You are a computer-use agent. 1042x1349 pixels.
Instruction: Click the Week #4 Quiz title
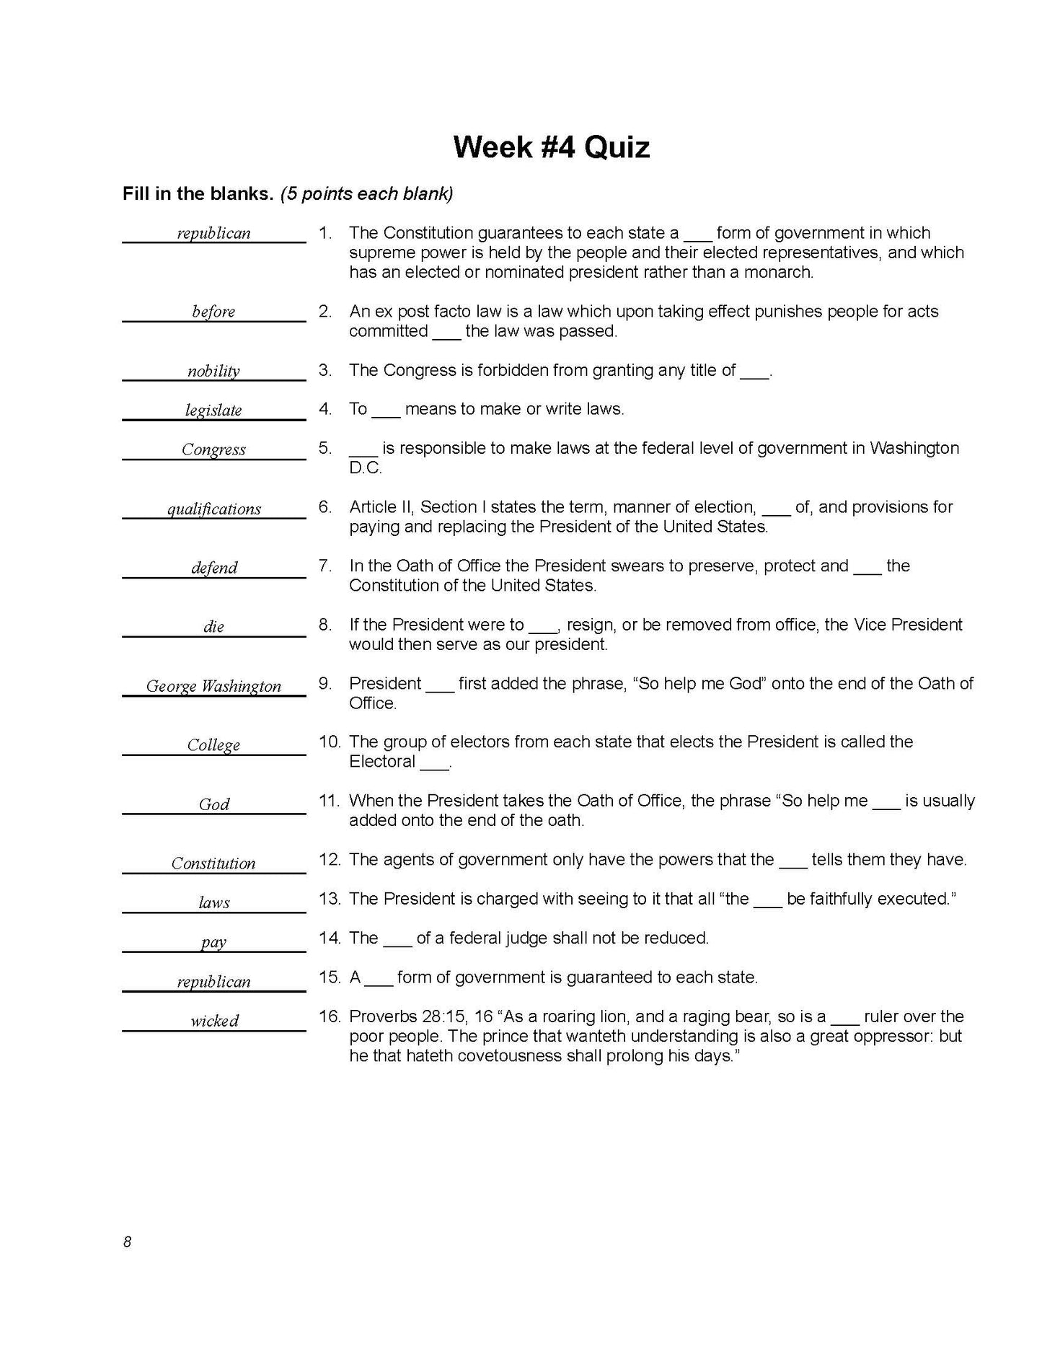coord(551,147)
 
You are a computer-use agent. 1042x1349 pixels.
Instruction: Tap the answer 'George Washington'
coord(213,686)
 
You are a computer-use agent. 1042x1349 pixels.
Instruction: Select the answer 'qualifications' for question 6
coord(214,509)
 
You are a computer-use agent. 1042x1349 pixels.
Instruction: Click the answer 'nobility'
coord(213,372)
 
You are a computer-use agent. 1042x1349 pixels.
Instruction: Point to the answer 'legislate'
coord(213,410)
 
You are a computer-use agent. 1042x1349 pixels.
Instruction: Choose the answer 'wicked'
coord(214,1021)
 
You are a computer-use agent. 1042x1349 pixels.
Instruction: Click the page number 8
coord(127,1242)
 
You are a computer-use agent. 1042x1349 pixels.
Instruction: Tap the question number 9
coord(324,683)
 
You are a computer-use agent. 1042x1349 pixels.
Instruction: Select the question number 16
coord(329,1016)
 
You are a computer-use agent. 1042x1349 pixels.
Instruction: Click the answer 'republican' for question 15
coord(213,982)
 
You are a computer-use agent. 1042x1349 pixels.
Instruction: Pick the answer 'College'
coord(213,745)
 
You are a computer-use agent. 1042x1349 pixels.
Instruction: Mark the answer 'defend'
coord(214,568)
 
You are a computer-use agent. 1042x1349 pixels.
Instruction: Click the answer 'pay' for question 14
coord(213,943)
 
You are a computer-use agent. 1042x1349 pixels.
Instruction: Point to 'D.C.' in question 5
coord(366,467)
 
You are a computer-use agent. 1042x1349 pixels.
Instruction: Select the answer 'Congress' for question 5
coord(213,449)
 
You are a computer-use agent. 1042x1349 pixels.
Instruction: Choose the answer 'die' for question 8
coord(213,627)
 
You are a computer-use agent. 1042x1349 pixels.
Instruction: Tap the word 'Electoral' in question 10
coord(382,762)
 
